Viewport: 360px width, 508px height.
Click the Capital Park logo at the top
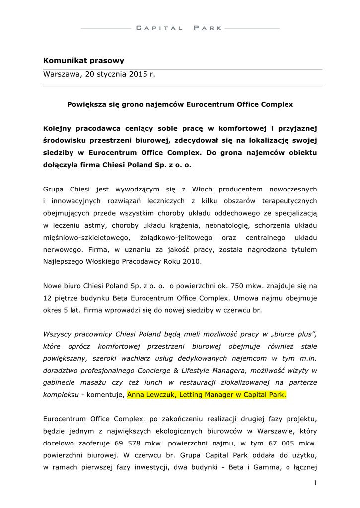[180, 28]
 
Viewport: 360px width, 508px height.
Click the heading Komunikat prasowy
[83, 61]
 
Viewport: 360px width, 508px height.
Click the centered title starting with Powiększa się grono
[180, 105]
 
